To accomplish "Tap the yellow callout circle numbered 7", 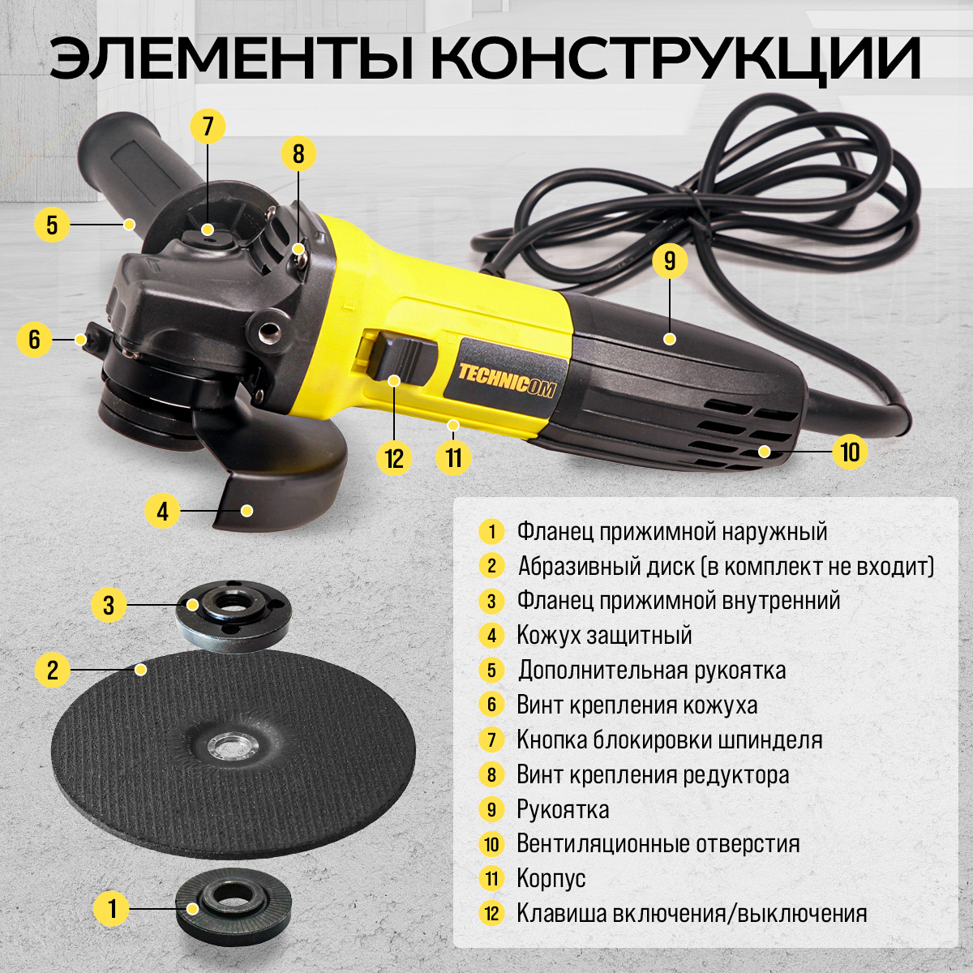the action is click(208, 126).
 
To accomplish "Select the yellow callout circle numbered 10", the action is click(850, 451).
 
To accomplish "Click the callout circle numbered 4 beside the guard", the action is click(162, 511).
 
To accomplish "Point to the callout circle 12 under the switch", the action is click(394, 458).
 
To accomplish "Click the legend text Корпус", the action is click(551, 878).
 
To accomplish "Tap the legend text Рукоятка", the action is click(563, 809).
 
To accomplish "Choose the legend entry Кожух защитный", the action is click(604, 635).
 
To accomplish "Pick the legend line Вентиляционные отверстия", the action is click(658, 843).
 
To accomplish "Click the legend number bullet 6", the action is click(492, 705).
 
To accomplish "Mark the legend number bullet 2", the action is click(492, 566).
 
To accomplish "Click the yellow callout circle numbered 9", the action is click(670, 260).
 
